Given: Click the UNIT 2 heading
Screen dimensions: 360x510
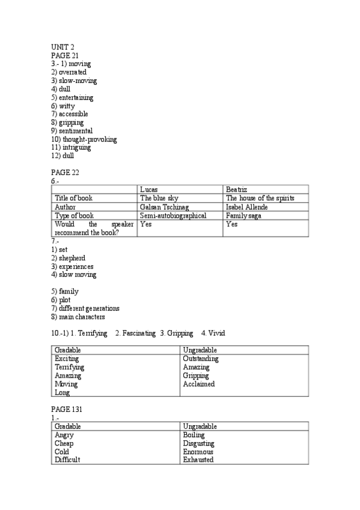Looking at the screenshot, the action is click(x=63, y=47).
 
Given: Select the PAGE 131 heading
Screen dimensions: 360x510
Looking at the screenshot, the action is click(x=66, y=409).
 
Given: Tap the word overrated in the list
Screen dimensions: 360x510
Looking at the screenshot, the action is click(x=72, y=72).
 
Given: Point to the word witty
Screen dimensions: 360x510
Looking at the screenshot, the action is click(x=67, y=106).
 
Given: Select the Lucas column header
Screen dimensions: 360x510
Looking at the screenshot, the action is click(x=148, y=189).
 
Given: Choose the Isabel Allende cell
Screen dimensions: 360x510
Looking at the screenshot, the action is click(x=246, y=207).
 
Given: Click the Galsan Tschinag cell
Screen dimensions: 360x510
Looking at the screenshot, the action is click(x=163, y=207).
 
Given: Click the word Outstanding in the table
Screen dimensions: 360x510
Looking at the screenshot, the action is click(x=201, y=359).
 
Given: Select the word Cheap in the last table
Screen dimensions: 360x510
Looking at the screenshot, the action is click(x=64, y=443).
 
